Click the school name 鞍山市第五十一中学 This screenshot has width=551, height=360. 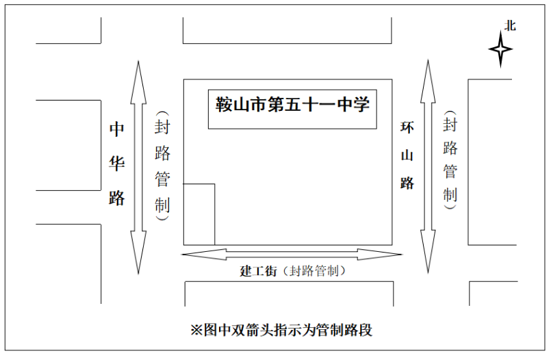click(292, 104)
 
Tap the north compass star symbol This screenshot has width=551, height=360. click(501, 49)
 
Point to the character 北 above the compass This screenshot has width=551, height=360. click(510, 25)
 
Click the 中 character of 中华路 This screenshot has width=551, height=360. click(116, 129)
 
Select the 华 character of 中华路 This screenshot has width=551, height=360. click(116, 164)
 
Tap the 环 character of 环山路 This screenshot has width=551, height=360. click(407, 127)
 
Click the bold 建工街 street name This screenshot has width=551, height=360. click(259, 271)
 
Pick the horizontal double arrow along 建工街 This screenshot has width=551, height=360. click(292, 255)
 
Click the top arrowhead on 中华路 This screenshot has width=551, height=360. click(138, 82)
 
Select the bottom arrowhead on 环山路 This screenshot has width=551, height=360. click(428, 251)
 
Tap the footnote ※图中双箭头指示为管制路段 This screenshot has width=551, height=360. click(281, 330)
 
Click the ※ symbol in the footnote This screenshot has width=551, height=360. click(196, 331)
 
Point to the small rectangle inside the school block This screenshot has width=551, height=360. click(199, 214)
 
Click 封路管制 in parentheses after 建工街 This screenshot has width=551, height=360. click(314, 271)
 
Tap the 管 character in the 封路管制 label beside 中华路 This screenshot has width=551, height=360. click(162, 179)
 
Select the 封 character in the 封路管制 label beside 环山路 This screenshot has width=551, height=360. click(450, 125)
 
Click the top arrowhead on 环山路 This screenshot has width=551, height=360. click(428, 81)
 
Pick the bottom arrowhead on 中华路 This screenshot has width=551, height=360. click(138, 252)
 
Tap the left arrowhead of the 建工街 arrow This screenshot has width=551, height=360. click(204, 255)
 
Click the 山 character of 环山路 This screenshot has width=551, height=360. click(407, 155)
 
